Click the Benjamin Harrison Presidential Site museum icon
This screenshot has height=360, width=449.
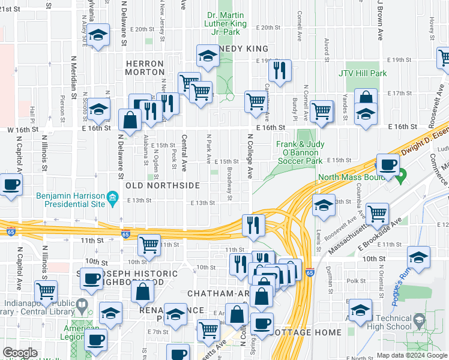[112, 197]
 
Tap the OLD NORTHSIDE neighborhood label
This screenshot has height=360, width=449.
[162, 186]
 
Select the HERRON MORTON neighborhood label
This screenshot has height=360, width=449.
[145, 68]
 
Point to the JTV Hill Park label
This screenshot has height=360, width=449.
[363, 74]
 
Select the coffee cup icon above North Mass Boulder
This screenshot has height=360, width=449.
[388, 164]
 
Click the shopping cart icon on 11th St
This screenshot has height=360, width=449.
[149, 244]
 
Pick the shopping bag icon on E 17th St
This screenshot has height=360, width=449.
[366, 98]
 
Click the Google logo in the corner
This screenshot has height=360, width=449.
[20, 353]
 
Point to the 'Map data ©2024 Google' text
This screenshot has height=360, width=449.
[412, 355]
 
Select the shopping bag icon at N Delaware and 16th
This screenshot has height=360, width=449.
[130, 119]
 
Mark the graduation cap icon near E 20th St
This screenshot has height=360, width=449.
[98, 36]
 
